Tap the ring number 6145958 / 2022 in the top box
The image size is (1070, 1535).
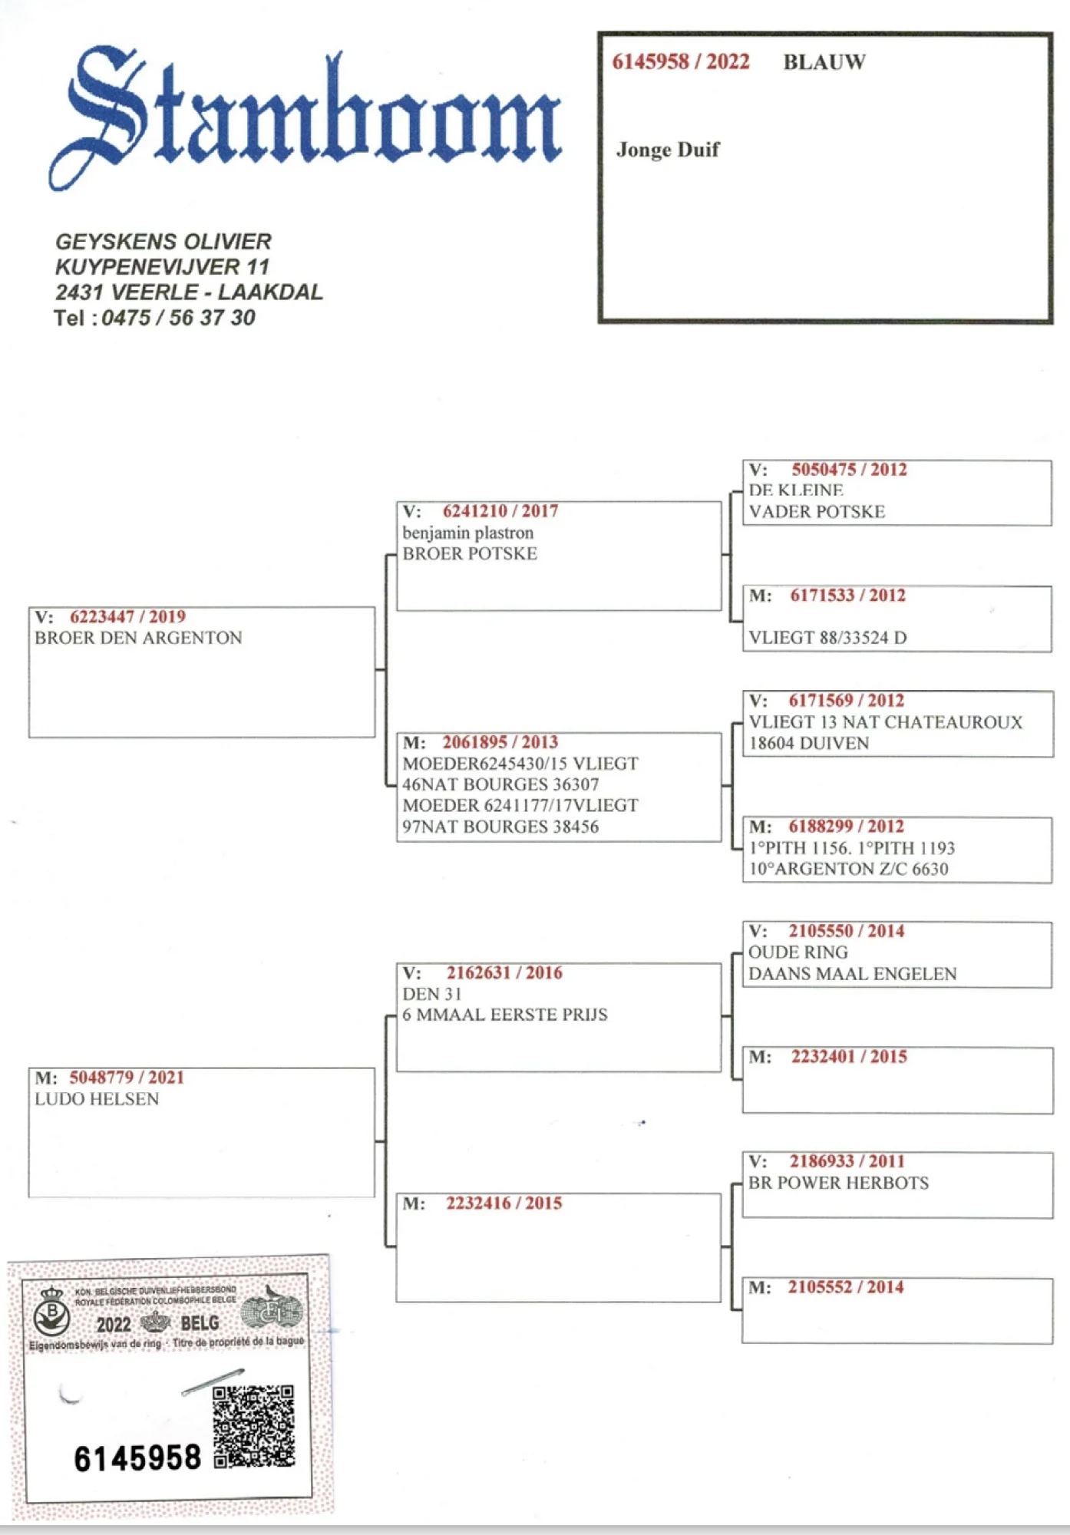tap(680, 62)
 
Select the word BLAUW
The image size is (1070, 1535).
tap(824, 62)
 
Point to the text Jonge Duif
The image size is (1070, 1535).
tap(667, 150)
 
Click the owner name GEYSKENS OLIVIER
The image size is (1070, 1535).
tap(163, 242)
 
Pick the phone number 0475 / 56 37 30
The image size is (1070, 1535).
tap(178, 318)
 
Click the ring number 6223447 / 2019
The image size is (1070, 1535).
tap(127, 617)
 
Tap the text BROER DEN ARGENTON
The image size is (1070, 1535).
tap(138, 638)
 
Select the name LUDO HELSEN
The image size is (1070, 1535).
tap(97, 1099)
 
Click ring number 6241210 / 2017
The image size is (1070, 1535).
tap(500, 511)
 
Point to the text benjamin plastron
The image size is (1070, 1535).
tap(467, 533)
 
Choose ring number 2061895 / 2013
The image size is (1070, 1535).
tap(500, 742)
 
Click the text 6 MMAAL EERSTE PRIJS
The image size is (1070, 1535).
tap(505, 1015)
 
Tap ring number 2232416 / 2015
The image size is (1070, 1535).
tap(504, 1203)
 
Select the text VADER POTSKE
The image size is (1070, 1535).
tap(817, 512)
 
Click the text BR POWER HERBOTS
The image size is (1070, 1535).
tap(838, 1183)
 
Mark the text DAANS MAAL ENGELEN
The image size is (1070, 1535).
tap(852, 974)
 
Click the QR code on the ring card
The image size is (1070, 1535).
tap(253, 1426)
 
